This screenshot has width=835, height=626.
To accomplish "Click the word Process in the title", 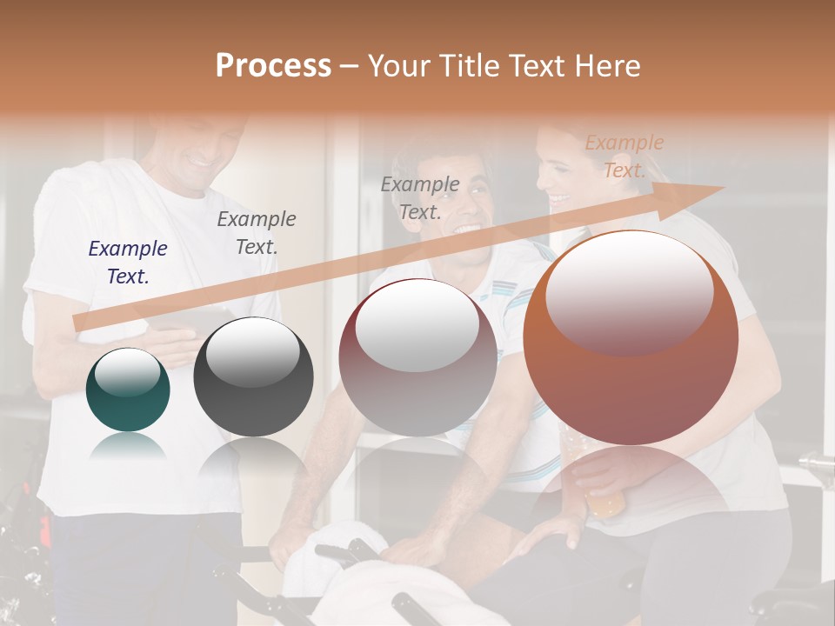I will click(x=273, y=66).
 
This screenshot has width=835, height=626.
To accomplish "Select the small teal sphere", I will click(x=128, y=390).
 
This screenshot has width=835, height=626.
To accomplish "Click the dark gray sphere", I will click(x=253, y=377).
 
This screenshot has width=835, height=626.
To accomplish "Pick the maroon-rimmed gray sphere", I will click(x=417, y=357).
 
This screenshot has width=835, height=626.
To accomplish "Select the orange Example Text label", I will click(x=624, y=156).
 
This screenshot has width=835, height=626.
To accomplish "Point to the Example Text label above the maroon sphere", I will click(x=419, y=197).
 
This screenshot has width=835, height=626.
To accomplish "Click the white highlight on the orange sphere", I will click(x=630, y=291).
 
